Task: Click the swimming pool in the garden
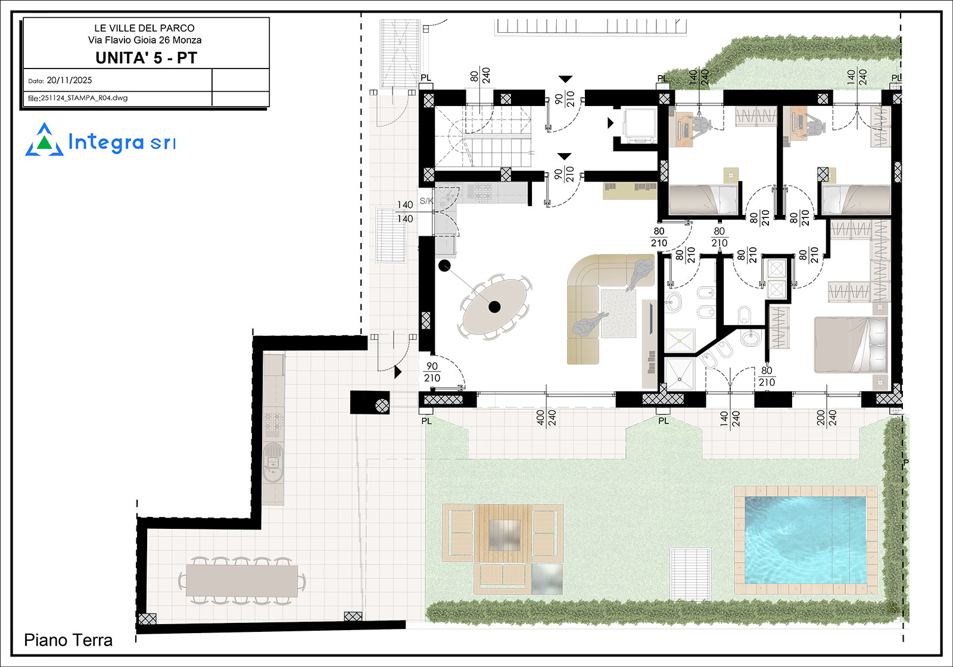pos(805,540)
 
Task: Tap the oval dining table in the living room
pos(494,307)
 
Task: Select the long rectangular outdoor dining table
pos(242,581)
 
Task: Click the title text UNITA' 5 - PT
pos(146,58)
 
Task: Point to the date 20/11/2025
pos(69,80)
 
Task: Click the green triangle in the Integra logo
pos(44,143)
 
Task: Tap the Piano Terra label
pos(68,640)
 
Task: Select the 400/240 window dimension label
pos(546,417)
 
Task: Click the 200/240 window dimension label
pos(827,417)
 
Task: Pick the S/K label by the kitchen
pos(426,201)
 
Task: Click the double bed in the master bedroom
pos(851,345)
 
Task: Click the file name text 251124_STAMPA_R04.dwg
pos(84,98)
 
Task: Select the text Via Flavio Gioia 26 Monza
pos(145,40)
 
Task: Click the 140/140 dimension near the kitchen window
pos(405,211)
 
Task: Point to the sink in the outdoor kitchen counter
pos(273,462)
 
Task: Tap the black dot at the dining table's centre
pos(494,307)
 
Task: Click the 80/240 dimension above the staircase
pos(480,76)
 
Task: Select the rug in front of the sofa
pos(619,313)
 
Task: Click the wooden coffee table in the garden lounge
pos(503,533)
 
